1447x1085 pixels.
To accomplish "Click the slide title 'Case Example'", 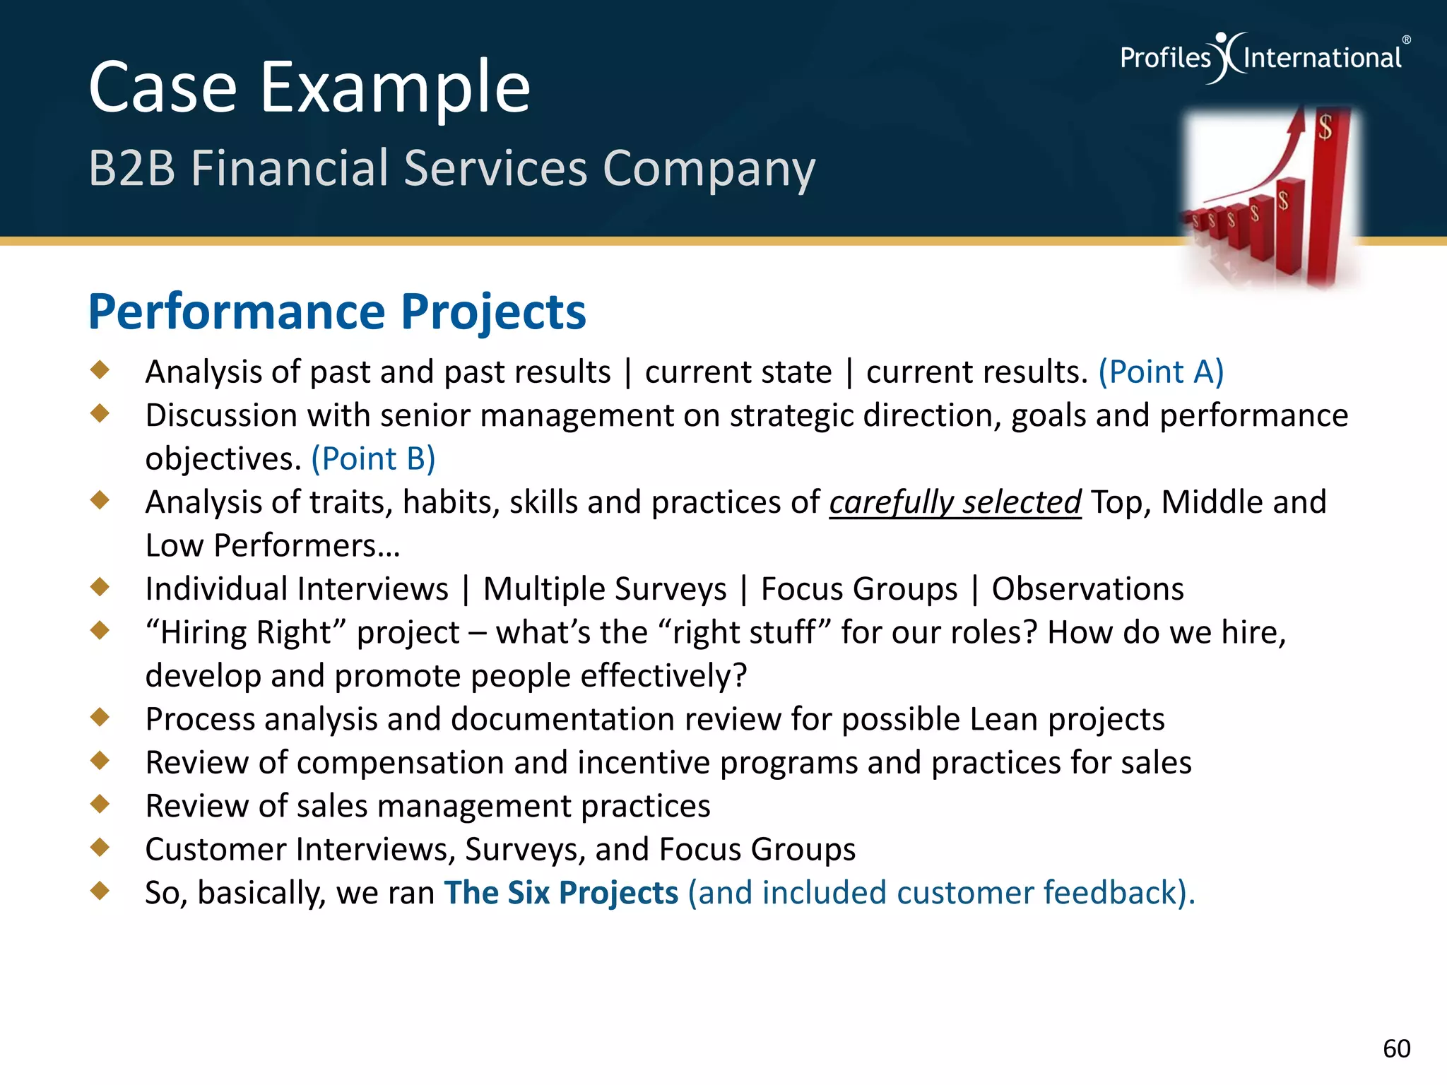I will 309,88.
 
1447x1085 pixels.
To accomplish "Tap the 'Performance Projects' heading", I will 337,312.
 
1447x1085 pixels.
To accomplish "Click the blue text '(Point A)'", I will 1160,372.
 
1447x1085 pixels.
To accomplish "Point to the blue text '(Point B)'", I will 373,459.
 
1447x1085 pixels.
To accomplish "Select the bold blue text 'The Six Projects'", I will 561,893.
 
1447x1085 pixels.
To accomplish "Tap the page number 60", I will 1396,1049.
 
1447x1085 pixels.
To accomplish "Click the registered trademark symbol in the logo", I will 1406,40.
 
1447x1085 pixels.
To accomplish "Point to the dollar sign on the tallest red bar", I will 1325,128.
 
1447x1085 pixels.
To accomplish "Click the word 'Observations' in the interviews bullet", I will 1087,589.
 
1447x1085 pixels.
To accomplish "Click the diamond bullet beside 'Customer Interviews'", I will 100,847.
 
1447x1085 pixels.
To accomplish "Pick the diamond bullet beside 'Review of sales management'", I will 100,803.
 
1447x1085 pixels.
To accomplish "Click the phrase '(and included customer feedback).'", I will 941,893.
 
